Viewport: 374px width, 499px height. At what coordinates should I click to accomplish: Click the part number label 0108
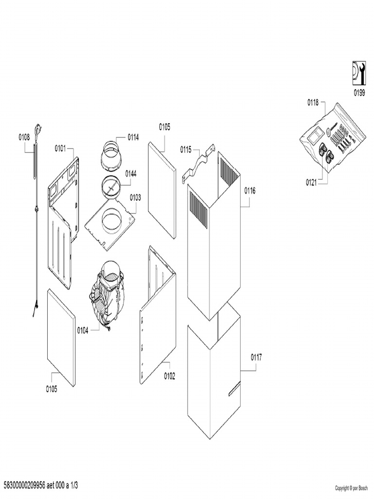click(24, 137)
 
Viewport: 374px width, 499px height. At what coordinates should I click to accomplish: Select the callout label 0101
click(60, 148)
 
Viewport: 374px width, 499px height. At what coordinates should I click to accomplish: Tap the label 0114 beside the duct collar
click(133, 137)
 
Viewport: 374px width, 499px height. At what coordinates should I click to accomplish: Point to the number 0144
click(131, 173)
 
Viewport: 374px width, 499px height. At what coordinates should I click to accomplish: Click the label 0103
click(135, 198)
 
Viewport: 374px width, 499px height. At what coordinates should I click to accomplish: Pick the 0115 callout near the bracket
click(186, 149)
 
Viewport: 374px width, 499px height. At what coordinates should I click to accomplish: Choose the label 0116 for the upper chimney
click(250, 191)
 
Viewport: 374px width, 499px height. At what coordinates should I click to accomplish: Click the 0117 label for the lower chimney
click(256, 357)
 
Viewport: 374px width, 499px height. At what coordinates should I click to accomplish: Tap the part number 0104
click(83, 331)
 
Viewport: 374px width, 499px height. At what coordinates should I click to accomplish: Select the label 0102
click(169, 376)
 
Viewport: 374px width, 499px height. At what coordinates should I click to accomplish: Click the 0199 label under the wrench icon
click(359, 93)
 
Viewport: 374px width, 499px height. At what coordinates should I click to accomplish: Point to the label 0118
click(313, 102)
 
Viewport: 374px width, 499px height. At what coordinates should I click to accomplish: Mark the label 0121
click(311, 182)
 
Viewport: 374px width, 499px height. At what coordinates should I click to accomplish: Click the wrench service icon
click(359, 74)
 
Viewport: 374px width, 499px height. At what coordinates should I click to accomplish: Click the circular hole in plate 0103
click(112, 219)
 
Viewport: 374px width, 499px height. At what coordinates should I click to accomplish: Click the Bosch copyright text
click(352, 488)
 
